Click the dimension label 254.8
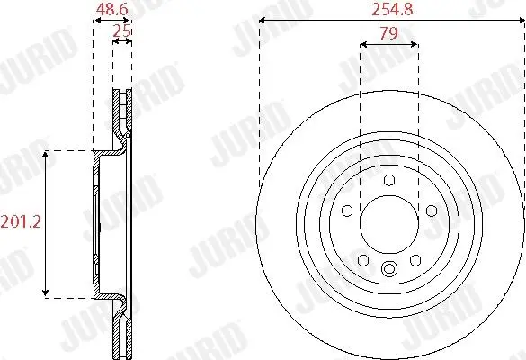pyautogui.click(x=392, y=10)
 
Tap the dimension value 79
pyautogui.click(x=388, y=33)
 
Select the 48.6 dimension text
pyautogui.click(x=111, y=10)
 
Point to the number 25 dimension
pyautogui.click(x=121, y=31)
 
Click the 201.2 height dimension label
pyautogui.click(x=21, y=222)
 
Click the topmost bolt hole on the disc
pyautogui.click(x=389, y=180)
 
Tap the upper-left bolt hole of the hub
pyautogui.click(x=347, y=211)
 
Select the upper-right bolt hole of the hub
pyautogui.click(x=432, y=211)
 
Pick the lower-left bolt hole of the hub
pyautogui.click(x=363, y=260)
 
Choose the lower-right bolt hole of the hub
pyautogui.click(x=415, y=260)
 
